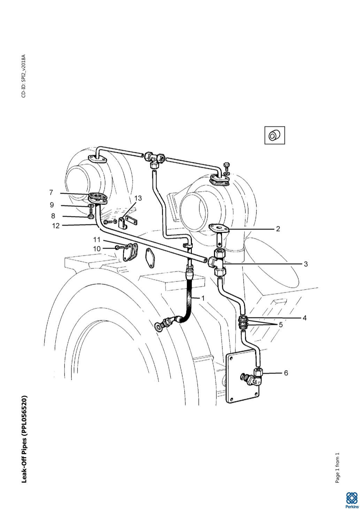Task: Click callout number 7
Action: pos(51,192)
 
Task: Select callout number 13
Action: pos(138,198)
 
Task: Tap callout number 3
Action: pos(306,264)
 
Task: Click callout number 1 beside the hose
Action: pos(203,298)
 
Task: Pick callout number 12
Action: pos(56,226)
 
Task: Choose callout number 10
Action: pos(97,249)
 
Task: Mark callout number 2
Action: pos(278,229)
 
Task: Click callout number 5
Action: pos(281,325)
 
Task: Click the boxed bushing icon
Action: pos(275,136)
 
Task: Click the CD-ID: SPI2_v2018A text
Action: pos(24,76)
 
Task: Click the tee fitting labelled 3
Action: pos(217,262)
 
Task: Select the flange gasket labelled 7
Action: pos(98,196)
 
